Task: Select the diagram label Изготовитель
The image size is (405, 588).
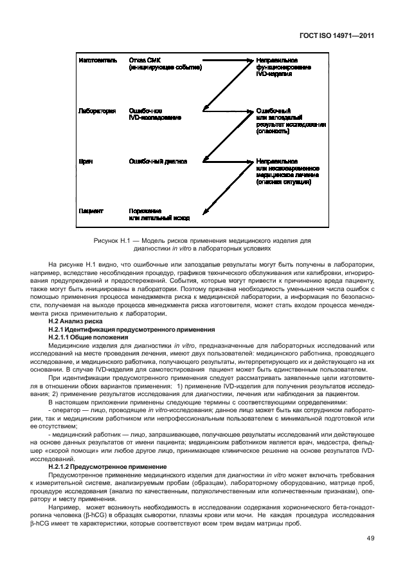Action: [98, 60]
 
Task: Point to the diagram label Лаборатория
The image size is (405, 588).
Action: [97, 111]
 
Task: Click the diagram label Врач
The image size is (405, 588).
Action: [85, 161]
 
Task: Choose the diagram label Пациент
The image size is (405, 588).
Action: [91, 211]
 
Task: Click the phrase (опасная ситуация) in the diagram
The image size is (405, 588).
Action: [283, 182]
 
